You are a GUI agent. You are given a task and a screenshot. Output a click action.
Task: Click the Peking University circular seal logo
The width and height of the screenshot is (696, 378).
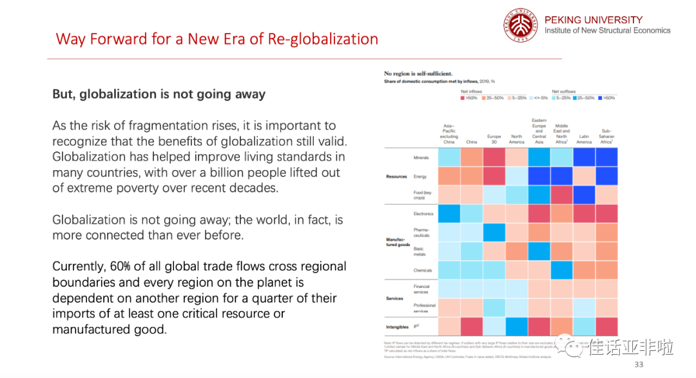(520, 26)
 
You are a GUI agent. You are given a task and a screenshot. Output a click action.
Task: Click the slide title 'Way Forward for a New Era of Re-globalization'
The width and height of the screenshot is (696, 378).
(217, 39)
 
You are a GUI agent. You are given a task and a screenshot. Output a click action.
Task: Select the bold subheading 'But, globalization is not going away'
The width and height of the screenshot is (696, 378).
(159, 94)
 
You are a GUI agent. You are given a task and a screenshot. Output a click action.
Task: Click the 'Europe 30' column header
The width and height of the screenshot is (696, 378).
(494, 139)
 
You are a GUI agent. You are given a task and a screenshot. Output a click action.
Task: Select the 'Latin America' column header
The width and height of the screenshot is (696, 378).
(584, 139)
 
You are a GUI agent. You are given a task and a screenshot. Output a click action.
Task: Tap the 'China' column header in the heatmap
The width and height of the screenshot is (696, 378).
(472, 142)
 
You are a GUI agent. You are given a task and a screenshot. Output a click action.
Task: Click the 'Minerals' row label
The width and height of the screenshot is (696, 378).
(421, 158)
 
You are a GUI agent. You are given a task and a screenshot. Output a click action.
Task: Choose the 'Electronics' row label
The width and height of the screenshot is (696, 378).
(423, 214)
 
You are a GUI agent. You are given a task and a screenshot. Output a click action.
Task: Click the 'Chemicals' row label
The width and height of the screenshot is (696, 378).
(423, 270)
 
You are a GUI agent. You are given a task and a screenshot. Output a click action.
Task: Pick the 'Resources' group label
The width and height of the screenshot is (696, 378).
(396, 176)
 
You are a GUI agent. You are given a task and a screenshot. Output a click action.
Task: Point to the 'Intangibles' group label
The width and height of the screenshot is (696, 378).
(397, 327)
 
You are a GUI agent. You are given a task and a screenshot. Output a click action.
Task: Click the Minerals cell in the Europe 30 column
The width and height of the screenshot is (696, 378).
(494, 158)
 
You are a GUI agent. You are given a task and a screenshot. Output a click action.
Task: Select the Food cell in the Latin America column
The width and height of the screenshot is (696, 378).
(584, 195)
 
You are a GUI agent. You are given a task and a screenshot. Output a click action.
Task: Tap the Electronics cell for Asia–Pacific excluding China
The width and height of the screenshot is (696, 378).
(449, 214)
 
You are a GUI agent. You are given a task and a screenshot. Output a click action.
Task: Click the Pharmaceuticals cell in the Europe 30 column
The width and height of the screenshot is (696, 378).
(494, 232)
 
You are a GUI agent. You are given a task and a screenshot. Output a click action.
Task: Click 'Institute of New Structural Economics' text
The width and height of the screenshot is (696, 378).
(607, 30)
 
